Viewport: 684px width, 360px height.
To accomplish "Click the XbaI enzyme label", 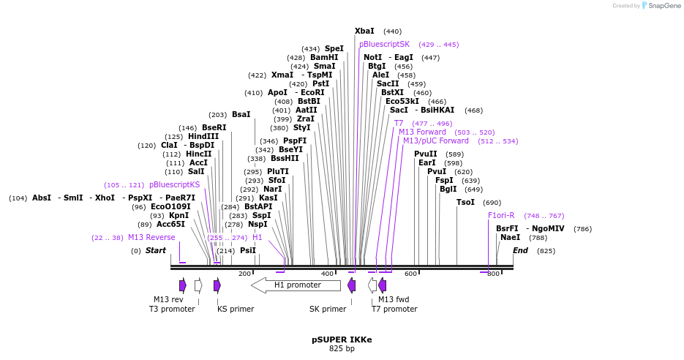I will click(x=364, y=31).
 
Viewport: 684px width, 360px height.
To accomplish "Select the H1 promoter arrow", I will click(x=296, y=285).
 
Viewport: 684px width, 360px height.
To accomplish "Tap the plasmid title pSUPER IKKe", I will click(x=342, y=340).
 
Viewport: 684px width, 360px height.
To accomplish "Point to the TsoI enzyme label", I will click(x=465, y=203).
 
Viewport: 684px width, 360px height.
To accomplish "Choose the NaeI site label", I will click(x=510, y=238).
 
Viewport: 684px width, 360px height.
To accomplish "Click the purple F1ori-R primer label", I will click(x=501, y=216).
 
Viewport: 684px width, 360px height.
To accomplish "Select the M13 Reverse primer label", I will click(x=151, y=238).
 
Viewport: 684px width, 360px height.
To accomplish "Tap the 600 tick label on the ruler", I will click(x=410, y=274).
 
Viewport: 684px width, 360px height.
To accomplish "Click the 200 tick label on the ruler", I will click(x=244, y=274).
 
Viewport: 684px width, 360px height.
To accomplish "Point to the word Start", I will click(x=155, y=251).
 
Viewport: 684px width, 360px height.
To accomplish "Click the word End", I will click(x=520, y=251).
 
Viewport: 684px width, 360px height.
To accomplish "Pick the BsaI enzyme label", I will click(x=241, y=115).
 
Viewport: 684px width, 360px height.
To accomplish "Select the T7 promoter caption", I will click(x=394, y=310).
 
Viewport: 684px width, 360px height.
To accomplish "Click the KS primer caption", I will click(x=236, y=310).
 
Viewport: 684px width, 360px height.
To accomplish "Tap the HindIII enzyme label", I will click(x=203, y=137).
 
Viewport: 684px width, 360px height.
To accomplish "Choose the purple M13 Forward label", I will click(x=422, y=132).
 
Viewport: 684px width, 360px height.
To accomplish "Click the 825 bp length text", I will click(x=342, y=349).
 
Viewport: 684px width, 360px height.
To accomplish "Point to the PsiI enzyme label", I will click(x=248, y=251).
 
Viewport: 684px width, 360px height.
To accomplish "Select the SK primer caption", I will click(x=328, y=310).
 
